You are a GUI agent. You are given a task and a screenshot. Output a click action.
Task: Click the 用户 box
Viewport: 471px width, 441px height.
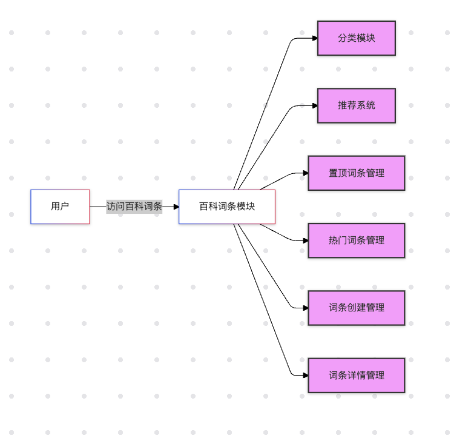tap(60, 207)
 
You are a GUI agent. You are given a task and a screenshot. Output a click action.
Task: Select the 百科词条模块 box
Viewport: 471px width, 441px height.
tap(227, 207)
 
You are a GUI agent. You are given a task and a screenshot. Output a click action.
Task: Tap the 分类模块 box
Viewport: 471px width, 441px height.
tap(356, 38)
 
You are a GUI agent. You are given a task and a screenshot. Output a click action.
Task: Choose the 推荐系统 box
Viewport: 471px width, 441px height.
tap(356, 105)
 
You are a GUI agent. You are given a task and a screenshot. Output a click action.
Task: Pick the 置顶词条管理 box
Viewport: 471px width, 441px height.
tap(356, 173)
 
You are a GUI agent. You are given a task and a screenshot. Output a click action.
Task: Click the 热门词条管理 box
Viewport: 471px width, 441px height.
tap(356, 240)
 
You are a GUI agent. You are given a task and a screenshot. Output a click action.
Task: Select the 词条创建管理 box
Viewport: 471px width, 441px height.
tap(356, 308)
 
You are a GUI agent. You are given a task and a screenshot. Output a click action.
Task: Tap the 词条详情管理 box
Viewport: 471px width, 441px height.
tap(356, 376)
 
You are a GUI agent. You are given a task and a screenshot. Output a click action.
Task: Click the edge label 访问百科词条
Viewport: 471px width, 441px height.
tap(134, 207)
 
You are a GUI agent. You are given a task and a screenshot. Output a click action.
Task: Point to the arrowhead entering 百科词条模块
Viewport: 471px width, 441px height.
tap(176, 207)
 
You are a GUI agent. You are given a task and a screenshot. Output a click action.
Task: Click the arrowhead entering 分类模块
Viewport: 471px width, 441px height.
tap(314, 38)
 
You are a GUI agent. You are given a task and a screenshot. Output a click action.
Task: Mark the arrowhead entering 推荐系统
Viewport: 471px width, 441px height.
tap(314, 105)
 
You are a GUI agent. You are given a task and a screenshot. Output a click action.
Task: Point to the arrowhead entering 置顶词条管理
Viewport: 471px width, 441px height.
tap(305, 173)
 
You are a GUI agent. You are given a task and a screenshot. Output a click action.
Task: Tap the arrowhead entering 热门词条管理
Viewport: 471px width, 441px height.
tap(305, 240)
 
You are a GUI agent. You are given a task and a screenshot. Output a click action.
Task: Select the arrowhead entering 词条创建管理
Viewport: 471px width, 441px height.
tap(305, 308)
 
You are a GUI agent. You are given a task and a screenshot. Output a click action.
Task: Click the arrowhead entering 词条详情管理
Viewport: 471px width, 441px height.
tap(305, 376)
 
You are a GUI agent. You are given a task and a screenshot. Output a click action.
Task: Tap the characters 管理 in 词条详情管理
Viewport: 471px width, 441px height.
tap(375, 376)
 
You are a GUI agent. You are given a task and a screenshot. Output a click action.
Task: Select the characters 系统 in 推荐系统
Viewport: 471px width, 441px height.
tap(366, 105)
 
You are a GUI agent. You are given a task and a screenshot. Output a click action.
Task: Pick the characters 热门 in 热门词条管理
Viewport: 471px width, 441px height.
tap(338, 240)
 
